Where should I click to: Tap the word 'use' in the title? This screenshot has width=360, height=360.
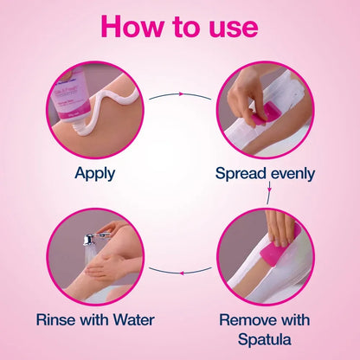pyautogui.click(x=228, y=26)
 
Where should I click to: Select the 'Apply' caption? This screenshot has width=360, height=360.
pyautogui.click(x=94, y=173)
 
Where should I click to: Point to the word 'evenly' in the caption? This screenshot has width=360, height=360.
pyautogui.click(x=292, y=173)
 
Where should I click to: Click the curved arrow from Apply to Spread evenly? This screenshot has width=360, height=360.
pyautogui.click(x=179, y=94)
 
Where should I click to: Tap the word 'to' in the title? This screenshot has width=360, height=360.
pyautogui.click(x=184, y=26)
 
